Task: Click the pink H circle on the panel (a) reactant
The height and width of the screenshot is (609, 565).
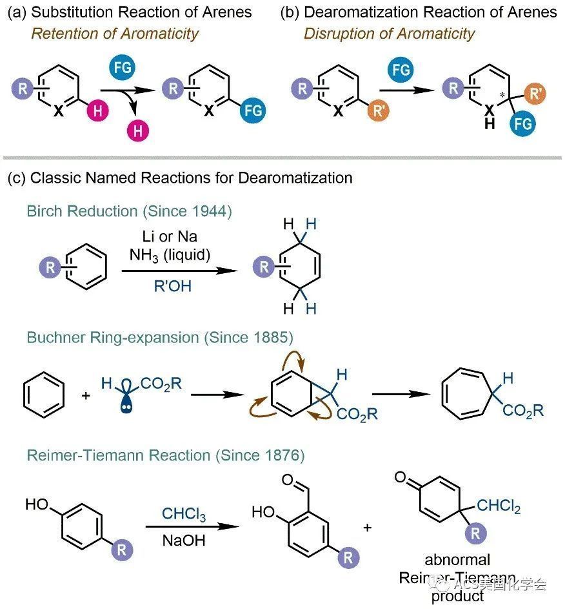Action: click(98, 111)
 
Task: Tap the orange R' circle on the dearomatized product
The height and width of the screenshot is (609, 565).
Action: click(535, 94)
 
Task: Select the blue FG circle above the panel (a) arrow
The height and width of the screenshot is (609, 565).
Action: click(122, 68)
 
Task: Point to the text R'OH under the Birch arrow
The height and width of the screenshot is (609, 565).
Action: click(173, 286)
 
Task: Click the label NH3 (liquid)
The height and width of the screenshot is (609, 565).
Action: click(170, 255)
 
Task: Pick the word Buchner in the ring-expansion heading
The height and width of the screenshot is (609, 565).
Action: click(56, 338)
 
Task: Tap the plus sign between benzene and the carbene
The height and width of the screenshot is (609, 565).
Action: click(86, 395)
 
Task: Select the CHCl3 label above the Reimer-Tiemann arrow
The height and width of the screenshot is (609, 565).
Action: click(184, 514)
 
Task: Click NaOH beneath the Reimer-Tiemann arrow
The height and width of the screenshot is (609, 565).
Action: click(183, 541)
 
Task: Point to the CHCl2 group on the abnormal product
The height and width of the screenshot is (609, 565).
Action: click(499, 506)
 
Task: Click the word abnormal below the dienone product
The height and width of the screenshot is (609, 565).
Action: click(457, 560)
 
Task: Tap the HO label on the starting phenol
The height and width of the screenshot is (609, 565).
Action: click(37, 504)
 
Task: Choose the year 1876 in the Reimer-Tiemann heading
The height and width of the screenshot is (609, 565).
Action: click(279, 455)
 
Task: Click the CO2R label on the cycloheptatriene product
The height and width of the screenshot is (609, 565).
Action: click(523, 411)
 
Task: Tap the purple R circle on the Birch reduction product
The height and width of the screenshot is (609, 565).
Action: click(264, 267)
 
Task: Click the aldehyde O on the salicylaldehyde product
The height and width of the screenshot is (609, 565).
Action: click(288, 480)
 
